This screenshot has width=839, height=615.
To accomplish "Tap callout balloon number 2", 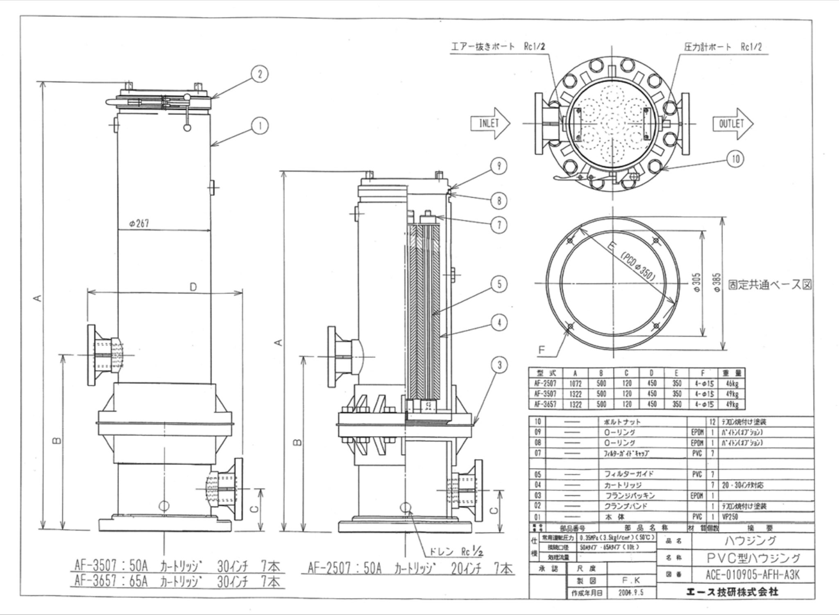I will (260, 75).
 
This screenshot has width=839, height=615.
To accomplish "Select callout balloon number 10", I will (735, 159).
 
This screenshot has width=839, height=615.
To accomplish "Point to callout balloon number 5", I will (499, 284).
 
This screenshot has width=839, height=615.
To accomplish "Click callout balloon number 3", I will (499, 365).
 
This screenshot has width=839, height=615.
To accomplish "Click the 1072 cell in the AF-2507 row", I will (576, 384).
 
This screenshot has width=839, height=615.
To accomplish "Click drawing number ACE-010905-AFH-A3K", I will (753, 575).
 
